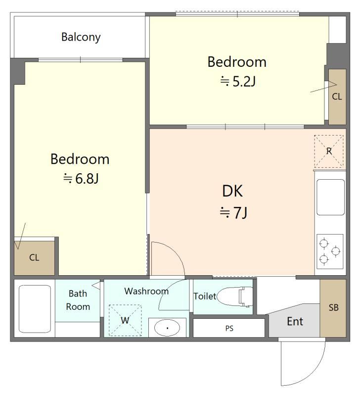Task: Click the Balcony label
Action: coord(81,37)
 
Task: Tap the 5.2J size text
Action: coord(238,81)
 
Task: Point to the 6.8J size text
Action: coord(81,179)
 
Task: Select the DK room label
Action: coord(232,191)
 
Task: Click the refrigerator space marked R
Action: coord(329,151)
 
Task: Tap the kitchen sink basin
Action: coord(330,197)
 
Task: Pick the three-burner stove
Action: coord(330,251)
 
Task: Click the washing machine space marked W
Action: coord(125,320)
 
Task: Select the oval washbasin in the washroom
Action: coord(167,328)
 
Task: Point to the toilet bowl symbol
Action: coord(234,296)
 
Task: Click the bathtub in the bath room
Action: coord(35,309)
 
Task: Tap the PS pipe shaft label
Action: coord(229,328)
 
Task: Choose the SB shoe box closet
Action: coord(333,308)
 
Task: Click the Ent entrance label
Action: coord(295,321)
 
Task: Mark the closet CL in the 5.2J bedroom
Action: coord(337,97)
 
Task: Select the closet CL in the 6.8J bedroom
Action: coord(34,258)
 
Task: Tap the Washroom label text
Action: coord(146,291)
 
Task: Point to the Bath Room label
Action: coord(78,300)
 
